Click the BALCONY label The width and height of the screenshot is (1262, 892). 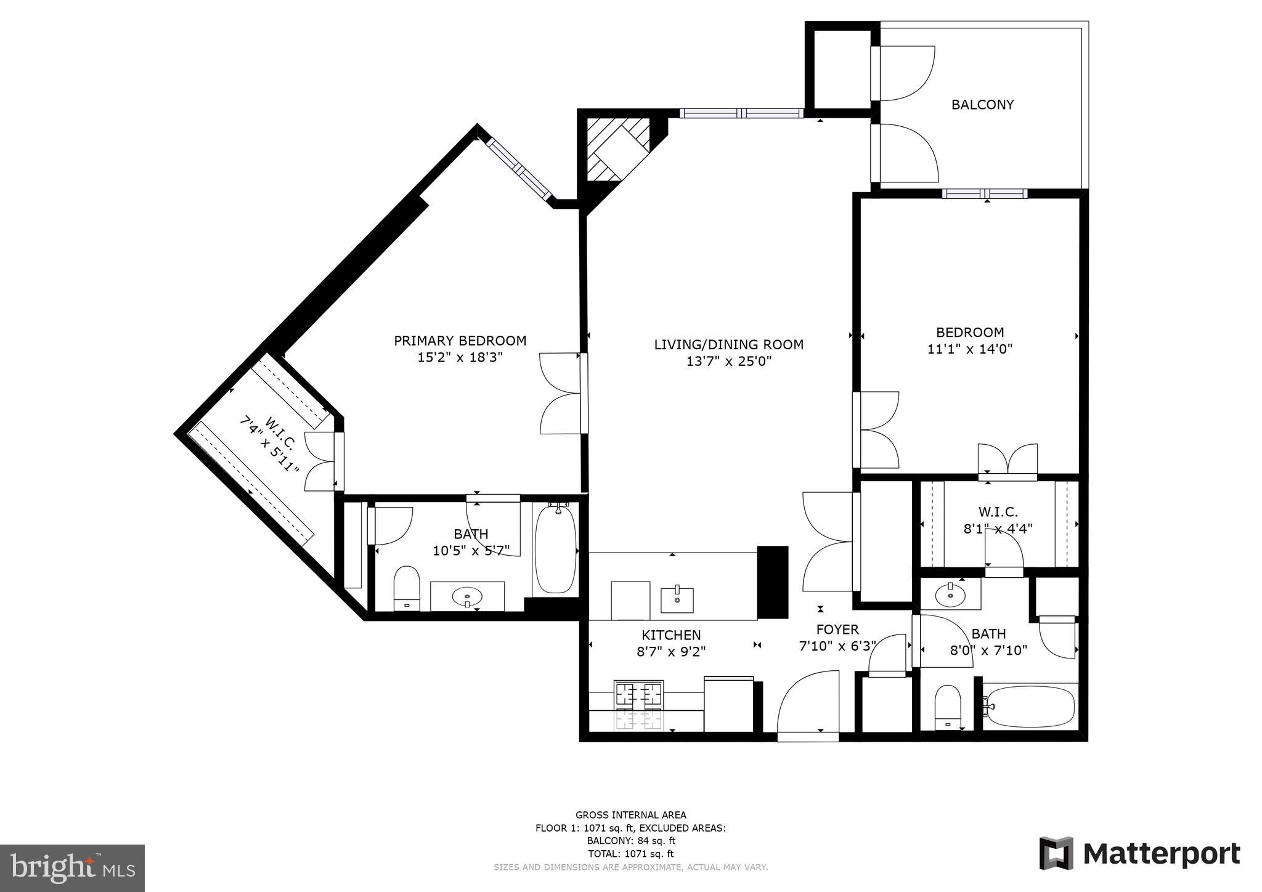(x=982, y=105)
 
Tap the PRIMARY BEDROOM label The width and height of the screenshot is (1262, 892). (x=460, y=341)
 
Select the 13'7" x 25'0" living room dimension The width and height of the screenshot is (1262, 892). (x=729, y=362)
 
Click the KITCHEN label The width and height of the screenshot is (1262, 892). (x=671, y=635)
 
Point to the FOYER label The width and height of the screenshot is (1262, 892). (x=837, y=630)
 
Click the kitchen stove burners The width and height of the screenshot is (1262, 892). (x=638, y=705)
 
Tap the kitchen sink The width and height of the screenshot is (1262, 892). (x=677, y=597)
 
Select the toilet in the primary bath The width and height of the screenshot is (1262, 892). (x=406, y=588)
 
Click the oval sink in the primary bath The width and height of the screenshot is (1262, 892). (x=467, y=597)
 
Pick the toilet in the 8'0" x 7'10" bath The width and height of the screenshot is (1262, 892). (x=948, y=707)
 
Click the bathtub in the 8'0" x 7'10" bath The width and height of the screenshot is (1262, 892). (x=1030, y=707)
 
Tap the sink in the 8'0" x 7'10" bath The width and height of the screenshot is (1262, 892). (x=950, y=595)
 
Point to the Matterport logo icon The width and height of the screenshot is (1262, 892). (x=1056, y=853)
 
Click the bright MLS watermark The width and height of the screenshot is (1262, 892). (x=73, y=868)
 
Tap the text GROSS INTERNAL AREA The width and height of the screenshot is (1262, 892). (x=630, y=815)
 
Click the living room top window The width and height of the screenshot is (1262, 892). (x=742, y=113)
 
